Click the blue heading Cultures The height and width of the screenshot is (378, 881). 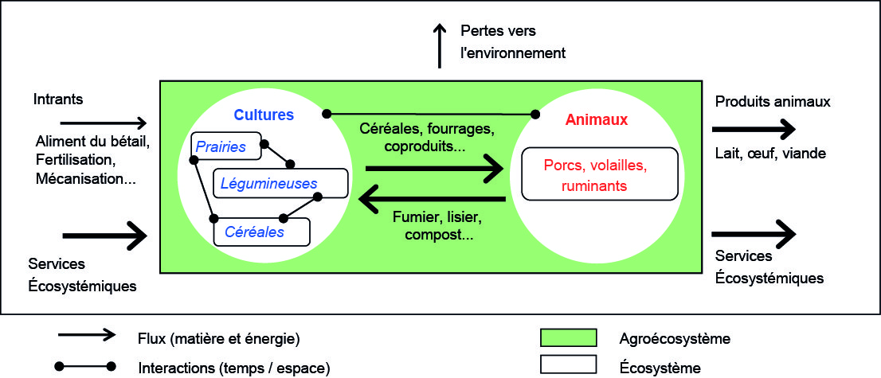[264, 115]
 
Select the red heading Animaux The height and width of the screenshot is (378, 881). [597, 120]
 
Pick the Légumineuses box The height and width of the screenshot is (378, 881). [280, 183]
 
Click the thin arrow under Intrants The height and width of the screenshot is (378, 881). [104, 123]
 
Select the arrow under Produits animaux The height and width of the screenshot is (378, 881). [754, 129]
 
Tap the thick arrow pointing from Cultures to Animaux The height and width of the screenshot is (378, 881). [434, 168]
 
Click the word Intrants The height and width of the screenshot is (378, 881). [58, 100]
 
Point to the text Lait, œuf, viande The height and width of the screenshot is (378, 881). [769, 154]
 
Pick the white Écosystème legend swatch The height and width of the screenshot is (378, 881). [570, 364]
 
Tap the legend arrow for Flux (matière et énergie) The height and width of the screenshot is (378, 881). [85, 337]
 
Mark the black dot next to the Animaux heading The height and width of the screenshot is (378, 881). [537, 115]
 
